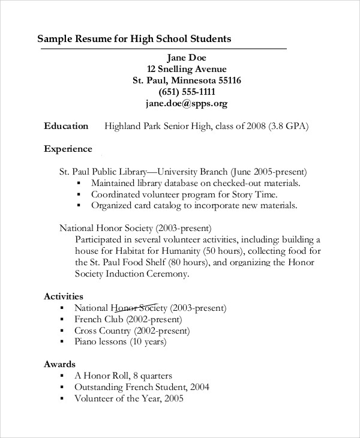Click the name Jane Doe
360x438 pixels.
click(186, 58)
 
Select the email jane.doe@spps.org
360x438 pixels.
click(186, 103)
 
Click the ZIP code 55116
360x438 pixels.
click(226, 80)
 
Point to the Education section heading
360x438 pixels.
click(66, 126)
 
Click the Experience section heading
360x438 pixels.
click(68, 149)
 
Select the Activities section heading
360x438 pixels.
click(64, 296)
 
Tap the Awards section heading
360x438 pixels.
click(59, 364)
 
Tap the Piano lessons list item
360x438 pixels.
click(120, 342)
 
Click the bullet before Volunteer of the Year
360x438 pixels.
click(62, 398)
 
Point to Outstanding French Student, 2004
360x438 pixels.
click(142, 387)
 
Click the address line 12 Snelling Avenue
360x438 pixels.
click(187, 69)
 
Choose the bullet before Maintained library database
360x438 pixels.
click(79, 183)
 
